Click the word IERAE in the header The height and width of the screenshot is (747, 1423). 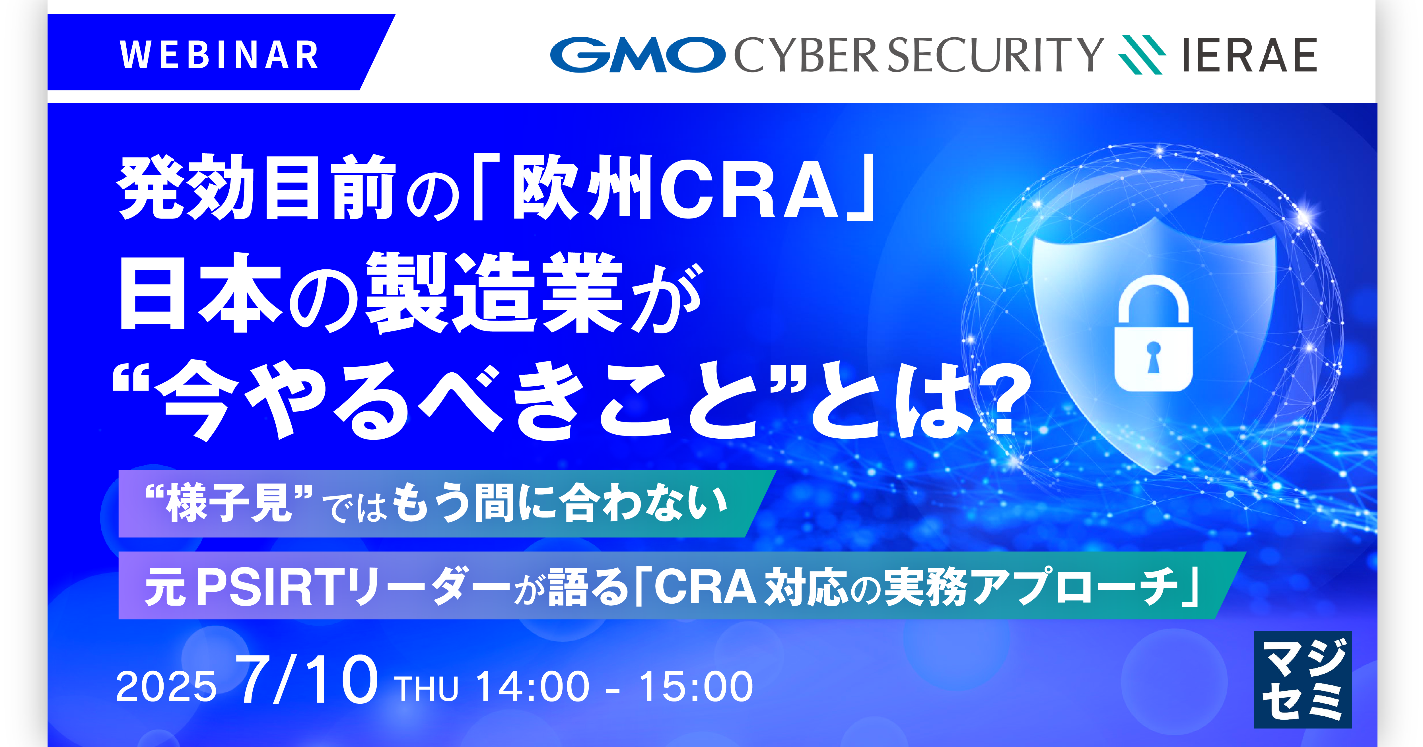click(1249, 55)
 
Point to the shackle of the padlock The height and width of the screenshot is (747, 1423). click(1154, 298)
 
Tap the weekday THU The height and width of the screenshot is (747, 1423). click(427, 688)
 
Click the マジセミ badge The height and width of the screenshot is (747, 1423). click(1302, 679)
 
